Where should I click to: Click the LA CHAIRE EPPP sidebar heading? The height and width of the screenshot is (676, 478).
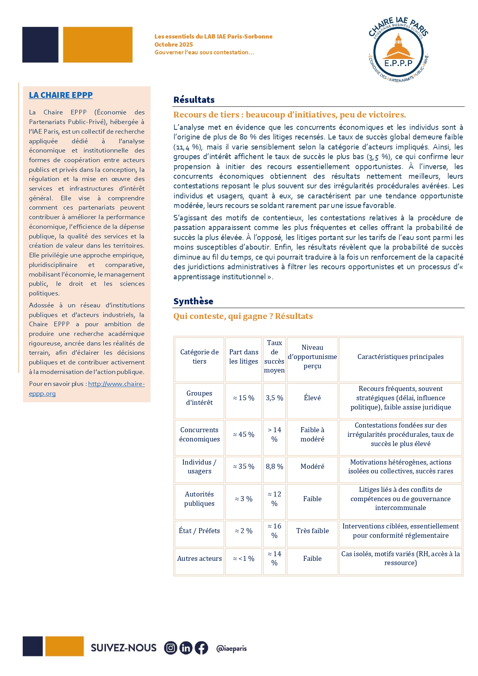(61, 95)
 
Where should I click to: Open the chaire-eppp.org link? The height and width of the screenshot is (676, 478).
(116, 384)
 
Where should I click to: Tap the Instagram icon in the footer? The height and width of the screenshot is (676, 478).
(171, 648)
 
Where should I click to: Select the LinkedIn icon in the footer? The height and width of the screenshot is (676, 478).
(186, 648)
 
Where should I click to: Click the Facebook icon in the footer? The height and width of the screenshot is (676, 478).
(201, 648)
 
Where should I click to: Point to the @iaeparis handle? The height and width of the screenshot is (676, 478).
(231, 648)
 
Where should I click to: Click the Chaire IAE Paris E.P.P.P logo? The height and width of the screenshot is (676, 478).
(398, 50)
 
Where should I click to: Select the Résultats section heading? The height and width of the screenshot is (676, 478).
(194, 100)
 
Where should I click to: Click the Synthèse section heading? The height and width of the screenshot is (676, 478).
(193, 301)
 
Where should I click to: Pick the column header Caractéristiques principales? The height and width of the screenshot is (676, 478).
(400, 357)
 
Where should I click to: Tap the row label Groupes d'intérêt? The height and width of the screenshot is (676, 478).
(199, 398)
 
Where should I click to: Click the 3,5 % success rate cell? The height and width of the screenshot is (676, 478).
(274, 398)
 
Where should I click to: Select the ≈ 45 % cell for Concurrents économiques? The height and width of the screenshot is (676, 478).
(243, 434)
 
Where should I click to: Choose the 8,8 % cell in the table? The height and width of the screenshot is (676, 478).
(274, 466)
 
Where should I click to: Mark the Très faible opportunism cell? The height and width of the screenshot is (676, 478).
(312, 531)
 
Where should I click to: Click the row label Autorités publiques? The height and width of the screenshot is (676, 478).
(199, 499)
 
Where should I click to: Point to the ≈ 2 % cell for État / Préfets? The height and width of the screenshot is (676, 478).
(243, 531)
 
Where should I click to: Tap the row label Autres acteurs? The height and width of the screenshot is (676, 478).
(199, 559)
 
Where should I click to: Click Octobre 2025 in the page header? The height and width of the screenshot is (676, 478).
(174, 45)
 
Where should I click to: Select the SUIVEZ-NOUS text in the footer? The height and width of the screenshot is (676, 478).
(124, 648)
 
